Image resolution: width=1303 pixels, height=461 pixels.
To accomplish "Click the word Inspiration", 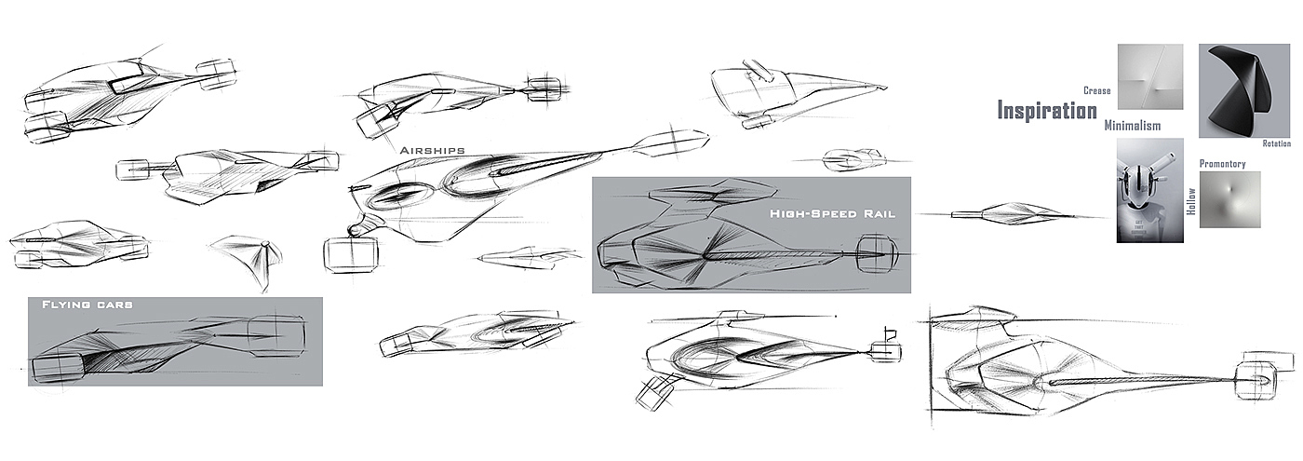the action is [x=1047, y=111].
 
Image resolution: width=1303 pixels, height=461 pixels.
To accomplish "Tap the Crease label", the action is [x=1097, y=90].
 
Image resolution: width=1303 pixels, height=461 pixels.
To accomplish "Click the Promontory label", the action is [x=1222, y=164].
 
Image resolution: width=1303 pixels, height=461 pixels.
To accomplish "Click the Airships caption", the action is [x=432, y=150].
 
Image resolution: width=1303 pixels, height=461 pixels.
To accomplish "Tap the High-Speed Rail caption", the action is [x=832, y=213].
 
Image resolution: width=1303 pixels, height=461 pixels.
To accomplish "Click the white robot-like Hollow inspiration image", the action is [x=1149, y=191].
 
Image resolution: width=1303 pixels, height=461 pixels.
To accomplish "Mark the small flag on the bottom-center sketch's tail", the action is [x=887, y=331].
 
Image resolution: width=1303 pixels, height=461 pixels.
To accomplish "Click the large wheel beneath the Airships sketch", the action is [x=351, y=254].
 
